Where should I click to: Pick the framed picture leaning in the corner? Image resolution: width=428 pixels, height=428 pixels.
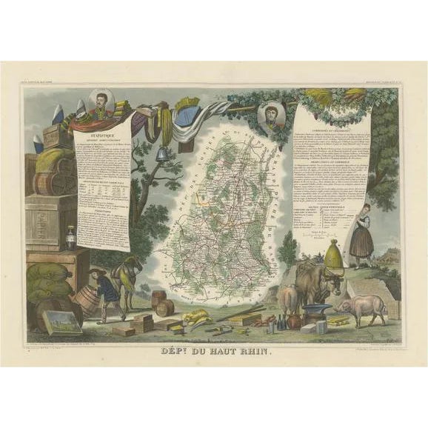pyautogui.click(x=62, y=322)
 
